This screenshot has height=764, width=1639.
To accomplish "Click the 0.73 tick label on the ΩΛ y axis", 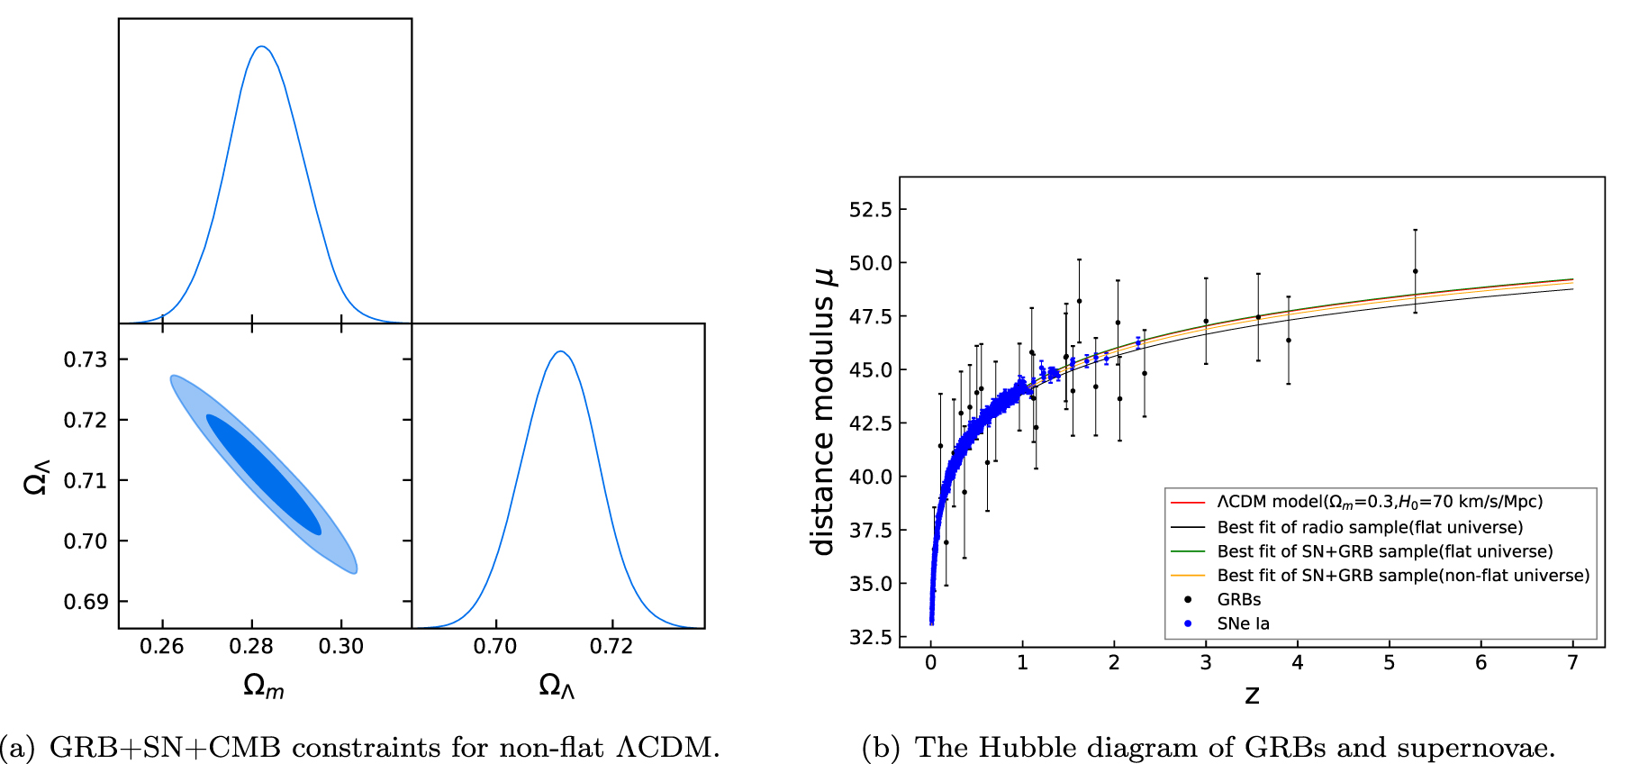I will point(85,359).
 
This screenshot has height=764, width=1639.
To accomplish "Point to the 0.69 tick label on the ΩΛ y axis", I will point(85,602).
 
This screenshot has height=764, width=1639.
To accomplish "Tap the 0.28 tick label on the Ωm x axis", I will point(251,647).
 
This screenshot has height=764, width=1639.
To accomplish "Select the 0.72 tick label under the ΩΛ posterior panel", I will point(611,647).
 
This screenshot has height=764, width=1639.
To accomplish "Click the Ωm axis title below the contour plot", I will point(263,687).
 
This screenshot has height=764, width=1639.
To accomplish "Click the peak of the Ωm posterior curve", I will point(261,47).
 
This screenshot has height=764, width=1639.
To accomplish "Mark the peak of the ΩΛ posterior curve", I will point(560,351).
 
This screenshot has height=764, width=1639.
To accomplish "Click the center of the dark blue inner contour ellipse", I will point(264,475).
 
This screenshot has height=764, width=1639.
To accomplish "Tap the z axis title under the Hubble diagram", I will point(1252,695).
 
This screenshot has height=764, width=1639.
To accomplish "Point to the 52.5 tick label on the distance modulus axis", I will point(870,210).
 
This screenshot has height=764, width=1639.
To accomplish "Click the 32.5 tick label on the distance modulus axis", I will point(870,637).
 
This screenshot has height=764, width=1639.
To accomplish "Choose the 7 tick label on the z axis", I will point(1572,663).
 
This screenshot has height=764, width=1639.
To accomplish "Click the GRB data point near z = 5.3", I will point(1415,271).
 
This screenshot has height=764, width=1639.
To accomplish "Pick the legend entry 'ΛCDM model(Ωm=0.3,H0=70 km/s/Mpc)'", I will point(1380,502).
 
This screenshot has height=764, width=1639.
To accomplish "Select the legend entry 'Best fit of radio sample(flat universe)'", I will point(1370,527).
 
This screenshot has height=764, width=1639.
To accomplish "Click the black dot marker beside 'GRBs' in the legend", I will point(1188,599).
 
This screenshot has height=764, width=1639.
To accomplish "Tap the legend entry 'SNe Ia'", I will point(1243,623).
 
